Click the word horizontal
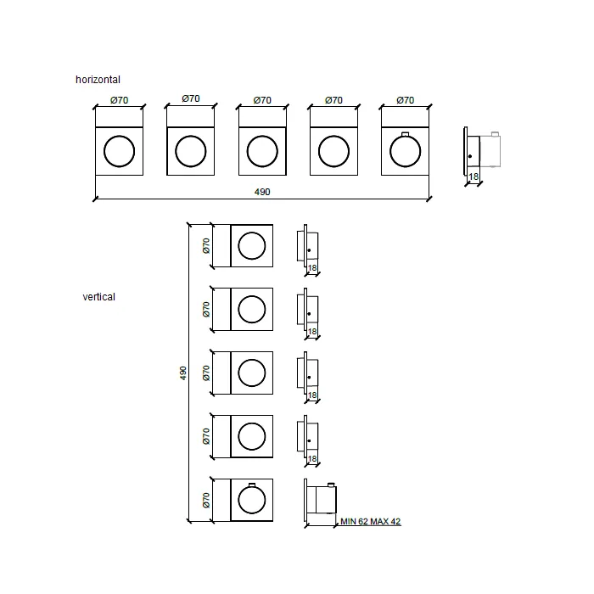tap(98, 80)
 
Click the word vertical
tap(99, 297)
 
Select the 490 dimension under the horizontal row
tap(262, 192)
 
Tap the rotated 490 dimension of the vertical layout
tap(183, 373)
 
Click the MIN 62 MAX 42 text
tap(371, 521)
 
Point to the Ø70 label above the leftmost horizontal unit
tap(120, 100)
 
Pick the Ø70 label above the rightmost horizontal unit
tap(406, 100)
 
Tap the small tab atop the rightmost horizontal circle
tap(406, 134)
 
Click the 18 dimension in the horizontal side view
tap(474, 177)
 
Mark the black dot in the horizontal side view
tap(470, 156)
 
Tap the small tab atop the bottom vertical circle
tap(252, 485)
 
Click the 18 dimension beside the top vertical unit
tap(312, 268)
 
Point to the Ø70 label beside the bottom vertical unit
tap(206, 500)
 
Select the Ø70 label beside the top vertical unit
tap(206, 246)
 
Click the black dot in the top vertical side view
tap(309, 250)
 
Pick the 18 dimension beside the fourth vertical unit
tap(312, 459)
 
